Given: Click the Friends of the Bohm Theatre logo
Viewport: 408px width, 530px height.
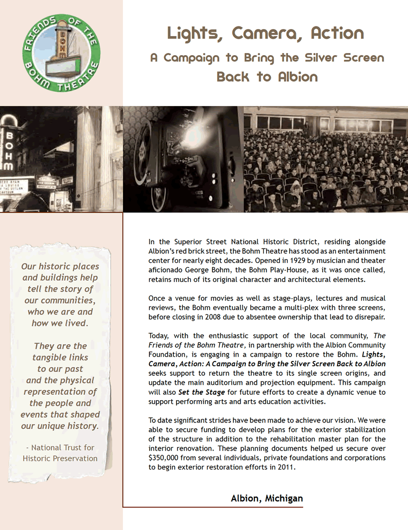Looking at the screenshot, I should [x=61, y=54].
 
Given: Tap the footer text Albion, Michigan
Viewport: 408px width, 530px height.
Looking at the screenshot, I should [x=267, y=498].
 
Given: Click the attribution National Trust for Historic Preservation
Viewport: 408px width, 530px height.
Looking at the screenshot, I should [x=60, y=453].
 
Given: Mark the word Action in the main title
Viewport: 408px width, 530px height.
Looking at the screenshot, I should [x=338, y=34].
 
